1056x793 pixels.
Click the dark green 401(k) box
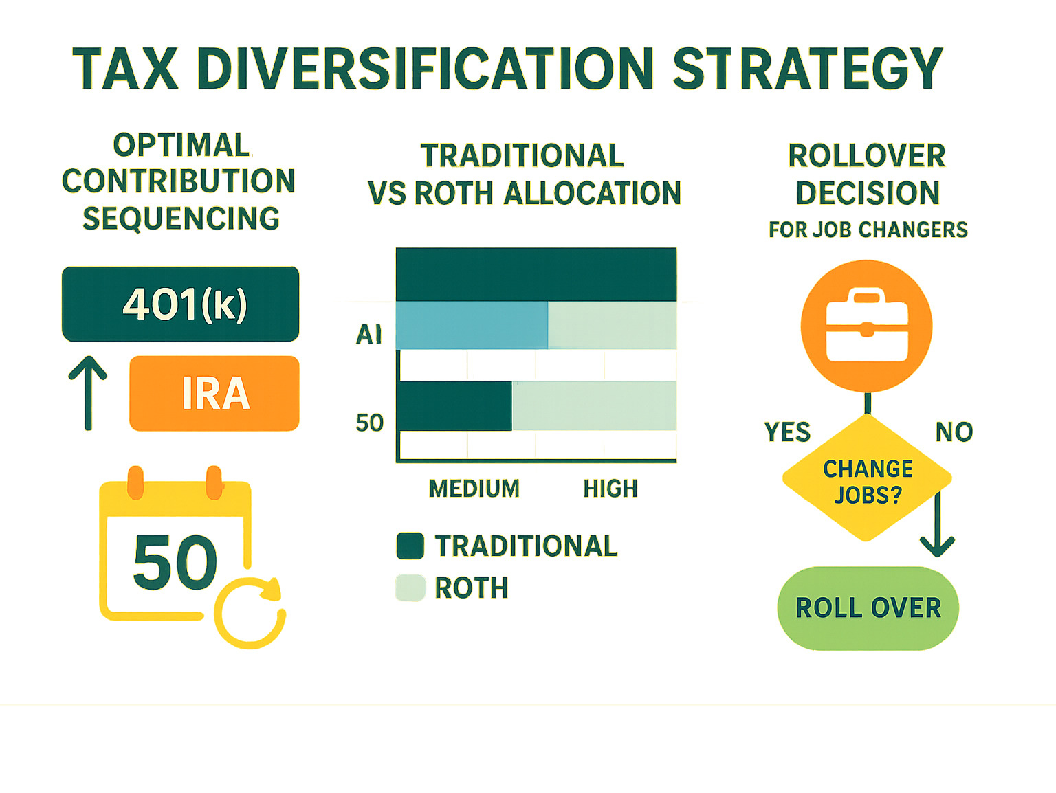pos(180,304)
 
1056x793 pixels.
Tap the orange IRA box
pos(214,393)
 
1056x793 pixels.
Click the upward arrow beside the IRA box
pos(88,393)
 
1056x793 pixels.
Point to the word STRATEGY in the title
pos(807,69)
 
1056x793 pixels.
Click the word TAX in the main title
pos(126,69)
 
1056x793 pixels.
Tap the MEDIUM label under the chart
pos(474,489)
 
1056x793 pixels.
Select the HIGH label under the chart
pos(610,489)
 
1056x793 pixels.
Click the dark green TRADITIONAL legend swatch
pos(410,546)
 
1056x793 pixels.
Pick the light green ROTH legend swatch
pos(410,588)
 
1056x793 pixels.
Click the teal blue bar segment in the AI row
pos(472,325)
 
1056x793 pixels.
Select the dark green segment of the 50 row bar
pos(454,405)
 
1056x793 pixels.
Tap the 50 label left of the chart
pos(369,423)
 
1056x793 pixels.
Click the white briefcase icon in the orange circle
pos(867,326)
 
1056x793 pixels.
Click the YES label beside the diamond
pos(787,432)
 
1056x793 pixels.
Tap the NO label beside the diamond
pos(954,432)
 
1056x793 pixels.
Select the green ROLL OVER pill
pos(868,608)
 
